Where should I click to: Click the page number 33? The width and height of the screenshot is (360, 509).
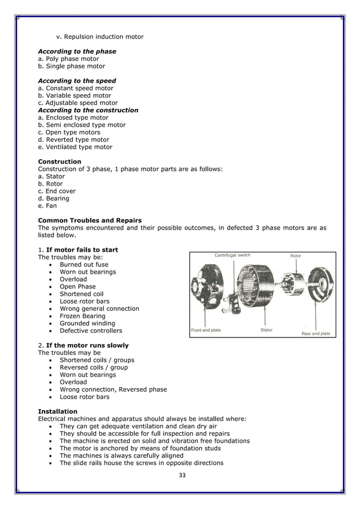(x=182, y=475)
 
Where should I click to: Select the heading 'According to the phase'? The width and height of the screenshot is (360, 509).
(x=77, y=51)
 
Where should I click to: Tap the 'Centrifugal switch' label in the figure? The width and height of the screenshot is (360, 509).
(x=232, y=255)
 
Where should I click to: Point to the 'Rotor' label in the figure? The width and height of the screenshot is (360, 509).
(x=296, y=256)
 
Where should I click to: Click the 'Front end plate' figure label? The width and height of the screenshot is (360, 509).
(x=206, y=330)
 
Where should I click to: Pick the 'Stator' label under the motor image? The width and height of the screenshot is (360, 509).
(x=266, y=330)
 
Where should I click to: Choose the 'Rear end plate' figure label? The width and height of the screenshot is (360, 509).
(x=316, y=334)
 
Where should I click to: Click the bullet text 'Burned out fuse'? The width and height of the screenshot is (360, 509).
(x=84, y=265)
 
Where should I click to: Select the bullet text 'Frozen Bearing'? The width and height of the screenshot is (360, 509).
(x=82, y=316)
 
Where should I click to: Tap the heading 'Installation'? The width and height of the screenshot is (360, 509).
(x=58, y=411)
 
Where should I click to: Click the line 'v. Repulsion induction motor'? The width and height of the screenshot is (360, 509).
(x=100, y=37)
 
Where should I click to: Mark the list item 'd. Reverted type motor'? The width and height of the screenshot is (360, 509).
(x=73, y=139)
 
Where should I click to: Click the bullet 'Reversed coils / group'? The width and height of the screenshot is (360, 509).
(x=94, y=367)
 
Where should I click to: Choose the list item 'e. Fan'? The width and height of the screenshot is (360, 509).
(x=47, y=205)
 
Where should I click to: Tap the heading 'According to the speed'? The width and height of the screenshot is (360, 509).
(x=77, y=81)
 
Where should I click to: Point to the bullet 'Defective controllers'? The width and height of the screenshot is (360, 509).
(x=90, y=331)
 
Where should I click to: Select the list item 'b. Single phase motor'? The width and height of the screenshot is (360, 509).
(x=71, y=66)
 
